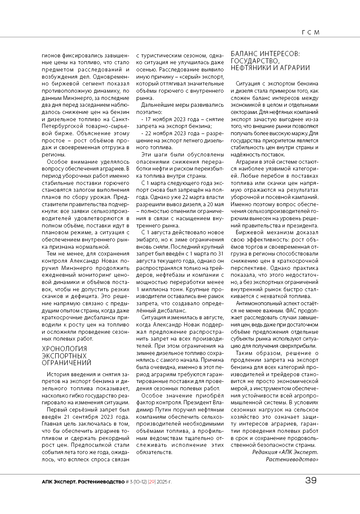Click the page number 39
311,481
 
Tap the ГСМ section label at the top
310,32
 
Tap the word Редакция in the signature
265,452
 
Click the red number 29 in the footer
151,481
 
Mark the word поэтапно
148,111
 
